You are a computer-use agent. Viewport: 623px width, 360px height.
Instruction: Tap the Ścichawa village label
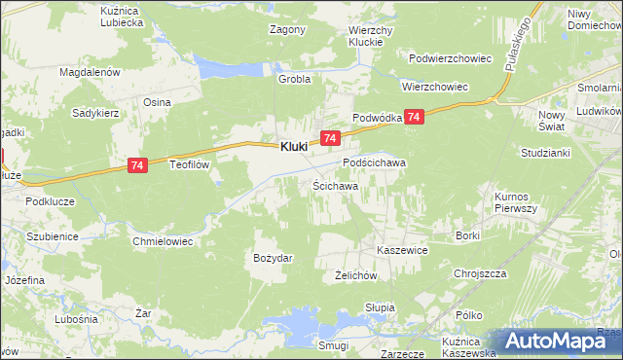(x=336, y=185)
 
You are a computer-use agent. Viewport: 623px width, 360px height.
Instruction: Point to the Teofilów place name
(x=191, y=164)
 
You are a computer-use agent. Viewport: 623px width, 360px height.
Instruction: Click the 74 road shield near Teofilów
(x=137, y=167)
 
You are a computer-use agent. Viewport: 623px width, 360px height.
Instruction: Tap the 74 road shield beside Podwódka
(x=415, y=117)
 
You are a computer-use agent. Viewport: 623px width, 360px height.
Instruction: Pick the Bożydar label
(x=273, y=258)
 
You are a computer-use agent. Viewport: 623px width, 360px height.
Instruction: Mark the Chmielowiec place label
(x=164, y=240)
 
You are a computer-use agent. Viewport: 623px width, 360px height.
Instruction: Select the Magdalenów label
(x=89, y=72)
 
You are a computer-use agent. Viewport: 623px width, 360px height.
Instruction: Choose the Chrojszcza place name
(x=483, y=273)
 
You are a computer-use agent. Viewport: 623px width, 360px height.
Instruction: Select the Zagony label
(x=287, y=29)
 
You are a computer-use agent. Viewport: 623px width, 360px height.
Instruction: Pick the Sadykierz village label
(x=95, y=113)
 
